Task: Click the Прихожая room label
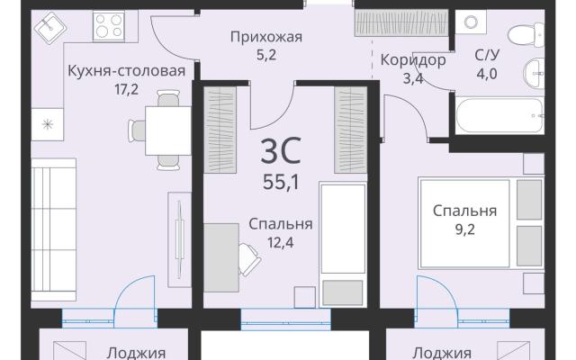[x=266, y=37]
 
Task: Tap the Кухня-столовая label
[x=126, y=70]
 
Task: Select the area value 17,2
[x=126, y=89]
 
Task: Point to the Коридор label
[x=413, y=59]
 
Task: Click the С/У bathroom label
[x=487, y=55]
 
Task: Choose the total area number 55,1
[x=281, y=182]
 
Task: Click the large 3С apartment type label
[x=281, y=150]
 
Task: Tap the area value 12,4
[x=281, y=242]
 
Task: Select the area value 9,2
[x=465, y=229]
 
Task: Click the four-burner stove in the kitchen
[x=109, y=26]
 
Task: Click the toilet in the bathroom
[x=526, y=35]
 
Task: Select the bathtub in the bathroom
[x=499, y=116]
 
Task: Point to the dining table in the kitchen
[x=168, y=130]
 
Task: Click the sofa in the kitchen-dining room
[x=54, y=230]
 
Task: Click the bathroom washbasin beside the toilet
[x=534, y=73]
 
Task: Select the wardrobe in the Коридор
[x=401, y=22]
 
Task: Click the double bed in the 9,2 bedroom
[x=481, y=223]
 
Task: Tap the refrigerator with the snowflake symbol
[x=47, y=124]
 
